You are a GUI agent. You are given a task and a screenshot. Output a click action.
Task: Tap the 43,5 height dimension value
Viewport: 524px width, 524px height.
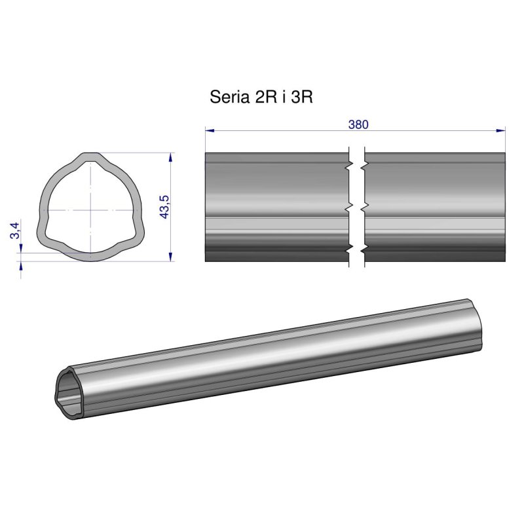(164, 207)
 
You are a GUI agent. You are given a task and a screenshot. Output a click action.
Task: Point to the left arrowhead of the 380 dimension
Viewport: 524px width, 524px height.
(209, 131)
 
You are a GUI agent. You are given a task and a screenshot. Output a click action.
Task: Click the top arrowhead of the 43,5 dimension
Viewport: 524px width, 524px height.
(171, 157)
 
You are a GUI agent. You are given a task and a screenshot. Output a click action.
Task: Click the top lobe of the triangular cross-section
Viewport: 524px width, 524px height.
(92, 157)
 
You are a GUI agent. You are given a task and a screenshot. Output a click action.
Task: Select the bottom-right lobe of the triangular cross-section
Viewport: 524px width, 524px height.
(138, 236)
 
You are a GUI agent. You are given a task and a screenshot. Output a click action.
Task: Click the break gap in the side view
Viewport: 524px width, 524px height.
(356, 207)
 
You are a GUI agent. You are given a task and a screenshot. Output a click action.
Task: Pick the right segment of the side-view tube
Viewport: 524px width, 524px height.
(435, 207)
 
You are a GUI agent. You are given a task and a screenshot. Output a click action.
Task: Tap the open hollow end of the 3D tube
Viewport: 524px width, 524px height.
(68, 392)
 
